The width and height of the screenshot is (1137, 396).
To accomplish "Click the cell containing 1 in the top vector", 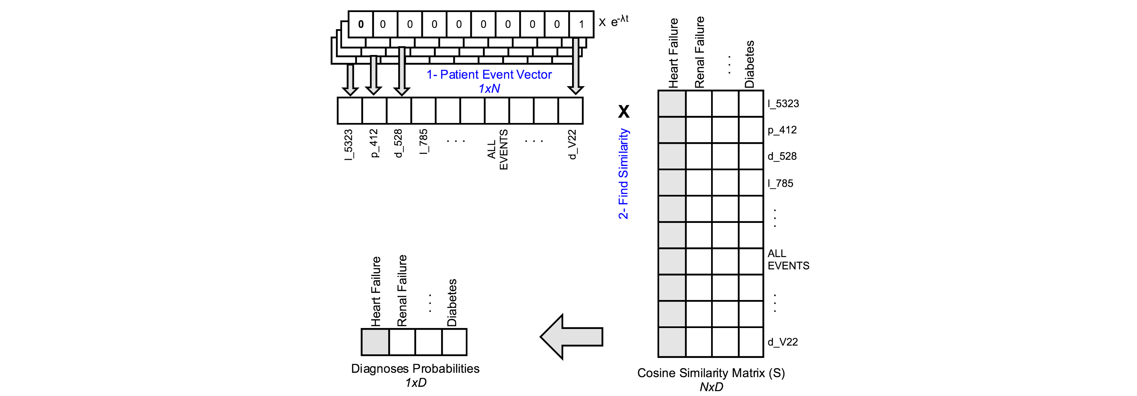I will [x=581, y=24].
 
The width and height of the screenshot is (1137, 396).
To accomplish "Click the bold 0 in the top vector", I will [x=361, y=24].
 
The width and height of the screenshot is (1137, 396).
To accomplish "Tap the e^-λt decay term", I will [x=619, y=21].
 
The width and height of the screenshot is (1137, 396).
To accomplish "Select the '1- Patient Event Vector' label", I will [x=489, y=74].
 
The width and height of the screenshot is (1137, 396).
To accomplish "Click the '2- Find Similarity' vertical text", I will [x=623, y=174].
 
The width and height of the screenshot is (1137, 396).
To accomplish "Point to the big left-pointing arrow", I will [x=572, y=337].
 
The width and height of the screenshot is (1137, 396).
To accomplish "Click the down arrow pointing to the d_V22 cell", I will [x=576, y=66].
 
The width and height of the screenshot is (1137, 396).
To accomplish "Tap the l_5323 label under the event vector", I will [x=349, y=144].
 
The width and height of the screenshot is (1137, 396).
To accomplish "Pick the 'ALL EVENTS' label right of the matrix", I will [x=788, y=259].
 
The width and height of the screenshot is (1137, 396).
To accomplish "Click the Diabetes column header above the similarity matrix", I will [x=749, y=64].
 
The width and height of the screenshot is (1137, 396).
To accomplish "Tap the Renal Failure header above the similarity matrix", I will [x=700, y=53].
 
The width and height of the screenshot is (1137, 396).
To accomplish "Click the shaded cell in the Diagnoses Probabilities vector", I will [x=375, y=342].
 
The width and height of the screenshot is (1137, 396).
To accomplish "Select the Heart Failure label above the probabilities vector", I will [x=376, y=291].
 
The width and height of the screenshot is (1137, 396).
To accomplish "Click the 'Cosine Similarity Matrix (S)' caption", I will [x=711, y=373].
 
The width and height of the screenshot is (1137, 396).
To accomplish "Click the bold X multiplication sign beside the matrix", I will [x=623, y=111].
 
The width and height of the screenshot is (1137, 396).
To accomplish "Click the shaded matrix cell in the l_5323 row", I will [x=671, y=103].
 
